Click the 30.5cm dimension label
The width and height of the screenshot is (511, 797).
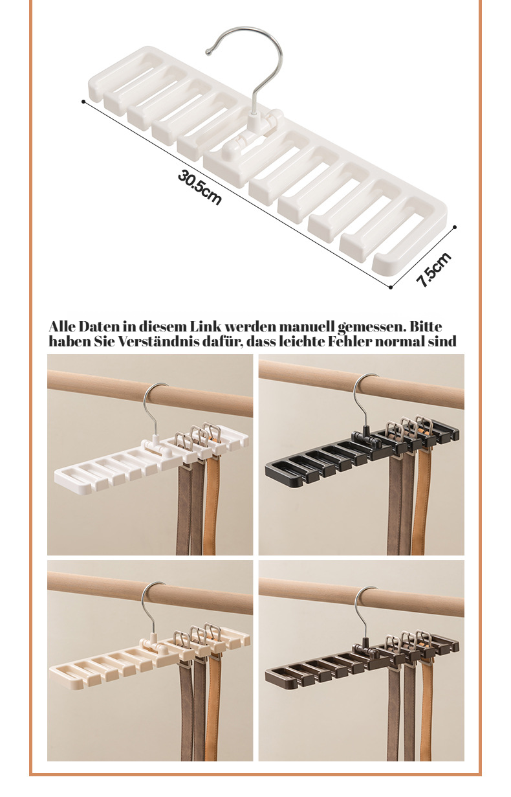(200, 188)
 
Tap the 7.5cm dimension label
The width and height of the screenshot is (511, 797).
(433, 269)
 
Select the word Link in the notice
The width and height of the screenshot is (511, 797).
(206, 326)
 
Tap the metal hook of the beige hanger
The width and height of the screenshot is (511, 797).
(150, 609)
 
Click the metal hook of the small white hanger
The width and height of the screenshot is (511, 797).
(152, 410)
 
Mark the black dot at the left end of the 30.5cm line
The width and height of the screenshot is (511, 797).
(83, 102)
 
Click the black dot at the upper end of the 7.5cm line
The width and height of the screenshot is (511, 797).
(455, 227)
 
